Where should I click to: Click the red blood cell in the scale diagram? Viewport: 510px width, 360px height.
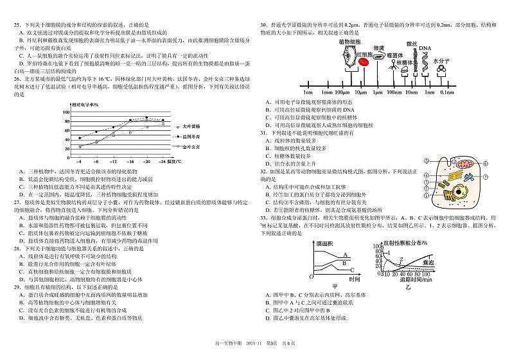click(364, 62)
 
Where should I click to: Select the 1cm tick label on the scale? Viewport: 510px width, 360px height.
click(308, 93)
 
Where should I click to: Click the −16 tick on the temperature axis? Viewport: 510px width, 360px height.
click(130, 163)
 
